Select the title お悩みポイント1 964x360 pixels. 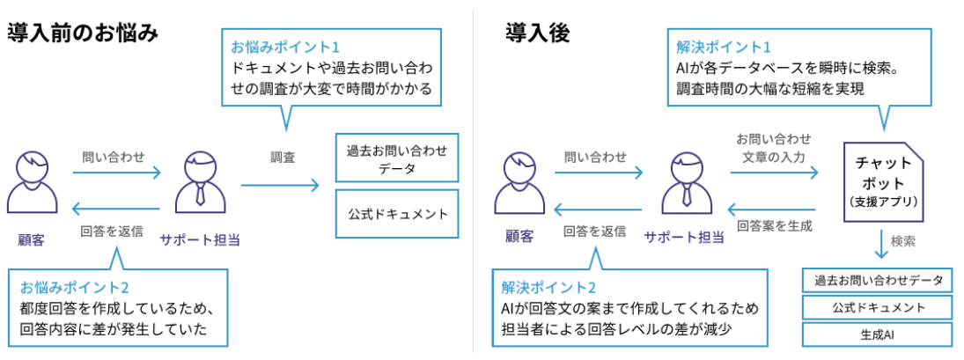[x=284, y=46]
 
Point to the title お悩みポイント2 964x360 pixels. [x=75, y=288]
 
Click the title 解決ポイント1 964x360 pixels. [x=725, y=46]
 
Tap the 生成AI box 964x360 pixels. [x=877, y=335]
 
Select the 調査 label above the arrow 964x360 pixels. [x=283, y=158]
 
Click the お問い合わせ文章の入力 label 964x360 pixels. [x=774, y=147]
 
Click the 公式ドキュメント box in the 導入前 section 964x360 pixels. [x=398, y=214]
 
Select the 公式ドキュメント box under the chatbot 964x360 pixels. [x=877, y=308]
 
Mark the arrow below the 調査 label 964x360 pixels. [x=280, y=185]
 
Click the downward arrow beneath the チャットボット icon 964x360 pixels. [x=881, y=242]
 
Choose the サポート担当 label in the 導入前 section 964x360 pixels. [x=200, y=239]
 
